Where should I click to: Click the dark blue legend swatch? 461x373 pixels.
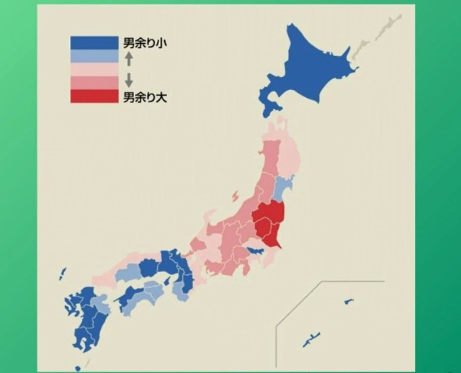pos(93,42)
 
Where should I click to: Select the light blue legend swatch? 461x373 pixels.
pos(93,55)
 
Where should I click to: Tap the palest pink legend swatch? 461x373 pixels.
pos(93,69)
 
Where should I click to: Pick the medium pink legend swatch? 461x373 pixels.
pos(93,83)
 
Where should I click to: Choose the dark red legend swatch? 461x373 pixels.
pos(93,96)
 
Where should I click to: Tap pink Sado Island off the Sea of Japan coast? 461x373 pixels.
pos(235,196)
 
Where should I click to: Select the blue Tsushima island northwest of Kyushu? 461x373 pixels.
pos(63,274)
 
